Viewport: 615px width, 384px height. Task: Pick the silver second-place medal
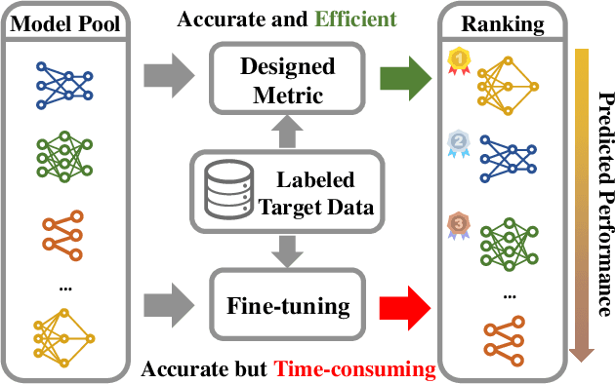click(x=457, y=141)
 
